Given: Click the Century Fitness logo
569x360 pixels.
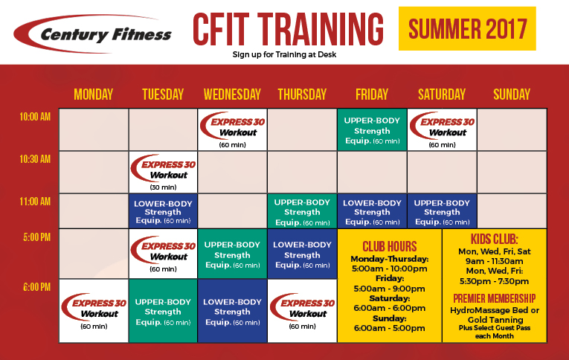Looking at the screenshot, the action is (x=92, y=33).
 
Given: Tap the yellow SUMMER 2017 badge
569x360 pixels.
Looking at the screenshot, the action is (x=467, y=28).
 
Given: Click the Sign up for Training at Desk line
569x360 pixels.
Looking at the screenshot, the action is (x=284, y=54).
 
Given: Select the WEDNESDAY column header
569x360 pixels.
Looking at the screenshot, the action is (x=232, y=94).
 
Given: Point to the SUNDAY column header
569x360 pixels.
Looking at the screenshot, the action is (x=512, y=94).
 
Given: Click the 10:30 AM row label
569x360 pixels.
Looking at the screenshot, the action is (x=35, y=159).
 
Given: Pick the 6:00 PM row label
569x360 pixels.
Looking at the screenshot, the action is (x=36, y=287).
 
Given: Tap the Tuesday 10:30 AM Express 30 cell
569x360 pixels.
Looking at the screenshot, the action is (x=164, y=172).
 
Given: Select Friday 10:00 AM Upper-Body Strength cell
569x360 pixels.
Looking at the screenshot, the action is (x=372, y=129).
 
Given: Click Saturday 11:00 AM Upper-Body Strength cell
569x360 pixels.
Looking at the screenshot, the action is (x=442, y=211).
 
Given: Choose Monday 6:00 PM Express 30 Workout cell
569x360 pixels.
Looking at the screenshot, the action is (x=94, y=311).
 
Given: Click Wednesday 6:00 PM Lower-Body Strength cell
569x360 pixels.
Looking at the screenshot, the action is (x=232, y=311).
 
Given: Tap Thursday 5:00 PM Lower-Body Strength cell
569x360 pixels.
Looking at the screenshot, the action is (x=302, y=254).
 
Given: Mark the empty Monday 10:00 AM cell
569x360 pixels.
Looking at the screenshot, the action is (x=94, y=129).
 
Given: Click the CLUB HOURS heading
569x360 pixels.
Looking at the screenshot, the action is (x=389, y=246).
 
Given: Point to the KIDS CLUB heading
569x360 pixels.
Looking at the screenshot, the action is (x=494, y=240).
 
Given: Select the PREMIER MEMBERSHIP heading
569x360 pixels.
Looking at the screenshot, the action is (x=494, y=298).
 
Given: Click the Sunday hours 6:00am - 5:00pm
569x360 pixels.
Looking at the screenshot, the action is (x=389, y=328).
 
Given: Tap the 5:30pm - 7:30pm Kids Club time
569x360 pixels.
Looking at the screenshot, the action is (x=494, y=281).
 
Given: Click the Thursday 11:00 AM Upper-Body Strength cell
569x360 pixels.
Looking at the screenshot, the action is (x=302, y=211).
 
